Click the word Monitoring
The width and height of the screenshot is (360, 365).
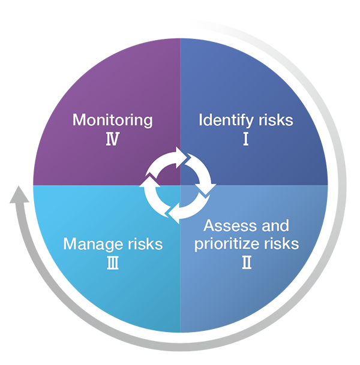(113, 120)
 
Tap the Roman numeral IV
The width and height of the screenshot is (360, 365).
(113, 139)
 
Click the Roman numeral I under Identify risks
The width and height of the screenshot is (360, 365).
(246, 139)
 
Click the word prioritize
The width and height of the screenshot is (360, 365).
(227, 245)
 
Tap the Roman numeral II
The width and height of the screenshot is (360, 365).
(247, 263)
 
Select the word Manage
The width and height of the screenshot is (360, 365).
(92, 245)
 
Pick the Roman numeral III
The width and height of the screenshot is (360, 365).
(113, 263)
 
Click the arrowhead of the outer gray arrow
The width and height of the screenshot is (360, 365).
(19, 195)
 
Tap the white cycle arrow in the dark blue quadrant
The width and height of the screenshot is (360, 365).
(200, 173)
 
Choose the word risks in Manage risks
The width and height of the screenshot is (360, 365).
(145, 244)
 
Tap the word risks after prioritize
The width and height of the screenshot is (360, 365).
(281, 243)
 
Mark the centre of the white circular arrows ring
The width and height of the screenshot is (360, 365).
(178, 185)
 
